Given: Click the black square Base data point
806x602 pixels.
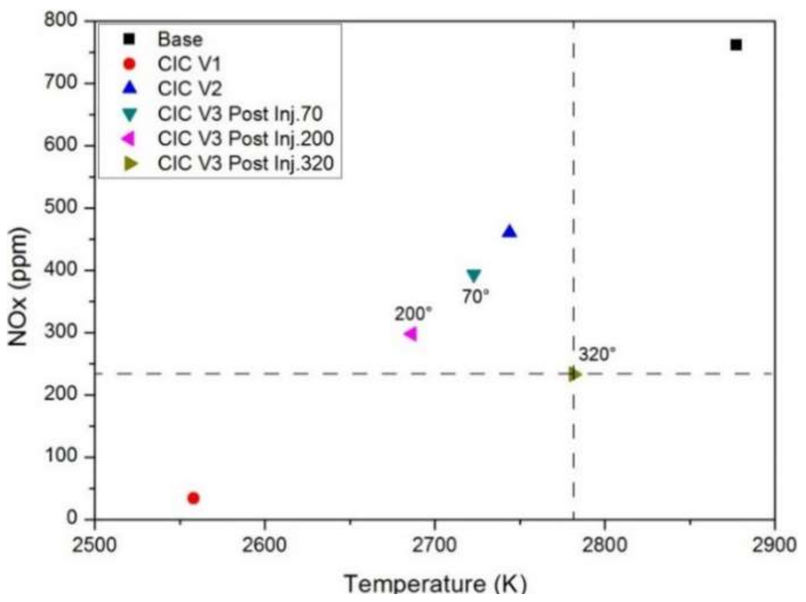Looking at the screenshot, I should tap(736, 45).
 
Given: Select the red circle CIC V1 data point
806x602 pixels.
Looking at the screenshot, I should tap(193, 498).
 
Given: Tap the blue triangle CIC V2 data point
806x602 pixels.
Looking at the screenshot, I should tap(509, 232).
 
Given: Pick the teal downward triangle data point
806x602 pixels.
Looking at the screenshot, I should tap(474, 275).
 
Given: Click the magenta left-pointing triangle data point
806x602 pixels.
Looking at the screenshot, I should tap(411, 334).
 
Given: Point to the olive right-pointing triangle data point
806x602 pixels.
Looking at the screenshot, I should tap(575, 374).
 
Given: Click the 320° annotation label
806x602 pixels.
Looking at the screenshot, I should tap(597, 355).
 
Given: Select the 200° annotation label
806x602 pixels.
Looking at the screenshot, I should tap(413, 314).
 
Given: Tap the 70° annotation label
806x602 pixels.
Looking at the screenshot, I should tap(476, 297).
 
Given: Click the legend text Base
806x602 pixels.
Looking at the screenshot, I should tap(180, 39).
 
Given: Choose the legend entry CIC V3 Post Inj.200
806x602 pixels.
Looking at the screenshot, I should tap(246, 139).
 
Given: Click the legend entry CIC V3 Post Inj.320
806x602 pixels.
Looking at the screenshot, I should tap(246, 163).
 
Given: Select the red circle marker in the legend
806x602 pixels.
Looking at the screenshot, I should tap(130, 64).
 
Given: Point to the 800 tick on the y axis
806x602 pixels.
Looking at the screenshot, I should tap(61, 20).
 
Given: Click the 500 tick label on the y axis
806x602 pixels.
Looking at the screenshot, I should tap(61, 207).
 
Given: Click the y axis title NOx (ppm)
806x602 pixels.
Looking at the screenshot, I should tap(18, 287).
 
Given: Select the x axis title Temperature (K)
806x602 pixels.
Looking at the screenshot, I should tap(435, 584).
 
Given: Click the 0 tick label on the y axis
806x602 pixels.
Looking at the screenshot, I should tap(72, 518).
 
